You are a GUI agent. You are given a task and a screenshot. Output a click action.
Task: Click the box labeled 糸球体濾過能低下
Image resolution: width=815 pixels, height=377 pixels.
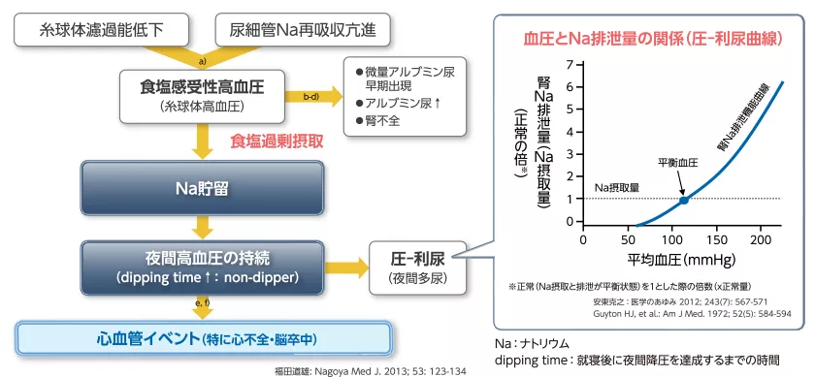101,29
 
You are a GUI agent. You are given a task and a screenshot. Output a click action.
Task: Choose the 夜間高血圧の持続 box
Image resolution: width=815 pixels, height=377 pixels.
201,266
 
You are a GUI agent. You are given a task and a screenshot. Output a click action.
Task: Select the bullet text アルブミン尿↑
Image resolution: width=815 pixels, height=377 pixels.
403,102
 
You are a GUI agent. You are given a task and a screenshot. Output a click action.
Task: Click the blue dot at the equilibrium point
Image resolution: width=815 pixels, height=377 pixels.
683,200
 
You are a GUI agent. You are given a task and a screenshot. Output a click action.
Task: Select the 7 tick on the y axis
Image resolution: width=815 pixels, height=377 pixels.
569,65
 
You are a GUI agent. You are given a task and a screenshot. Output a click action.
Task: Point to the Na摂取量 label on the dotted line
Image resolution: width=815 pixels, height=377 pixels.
617,187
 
